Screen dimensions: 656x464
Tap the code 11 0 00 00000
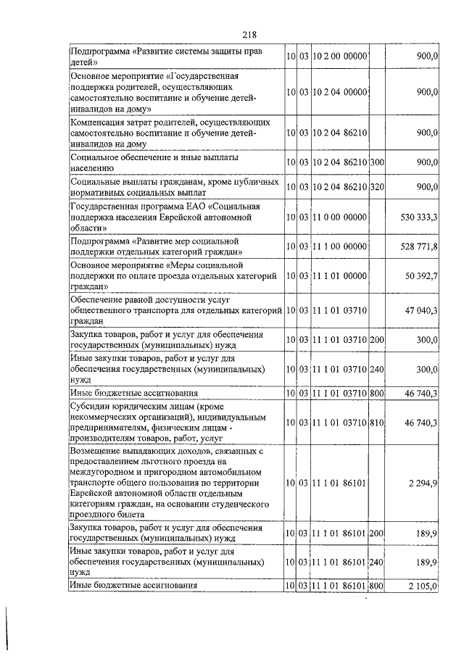tap(339, 217)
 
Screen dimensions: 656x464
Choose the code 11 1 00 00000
tap(339, 246)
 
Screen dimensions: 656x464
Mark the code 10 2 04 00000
tap(339, 92)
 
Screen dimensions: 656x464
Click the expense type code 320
tap(376, 187)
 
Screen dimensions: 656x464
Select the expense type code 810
tap(376, 420)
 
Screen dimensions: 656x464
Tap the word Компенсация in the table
tap(99, 122)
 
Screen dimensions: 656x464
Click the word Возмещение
tap(98, 451)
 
